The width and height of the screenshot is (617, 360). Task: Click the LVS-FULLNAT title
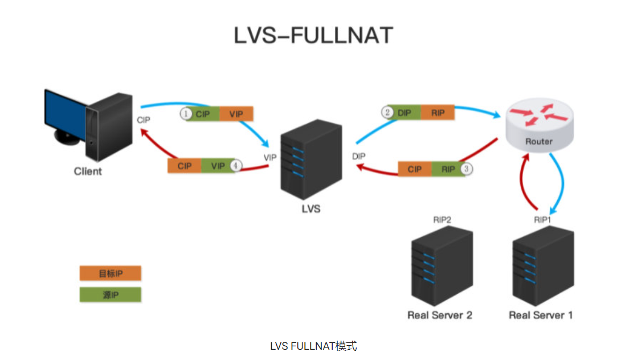click(313, 36)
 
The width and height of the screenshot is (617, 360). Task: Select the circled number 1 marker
click(185, 114)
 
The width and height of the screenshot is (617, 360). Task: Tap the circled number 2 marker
click(388, 112)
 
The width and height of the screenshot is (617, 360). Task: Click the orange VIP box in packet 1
click(236, 114)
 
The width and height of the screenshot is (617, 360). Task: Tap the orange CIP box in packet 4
click(185, 166)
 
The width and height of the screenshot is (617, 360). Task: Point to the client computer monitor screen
click(63, 111)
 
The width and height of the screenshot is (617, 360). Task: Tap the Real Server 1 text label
click(540, 314)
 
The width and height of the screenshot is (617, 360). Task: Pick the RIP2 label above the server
click(442, 219)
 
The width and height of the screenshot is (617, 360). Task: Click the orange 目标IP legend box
click(110, 273)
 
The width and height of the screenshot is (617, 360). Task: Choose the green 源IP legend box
click(110, 295)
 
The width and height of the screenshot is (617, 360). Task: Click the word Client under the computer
click(88, 171)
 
